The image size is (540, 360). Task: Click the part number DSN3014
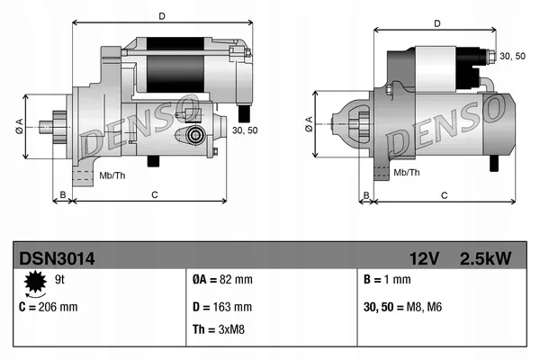point(57,258)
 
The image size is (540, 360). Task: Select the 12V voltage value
point(422,258)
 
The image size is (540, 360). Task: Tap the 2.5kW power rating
point(485,258)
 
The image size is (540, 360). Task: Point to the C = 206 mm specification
point(49,307)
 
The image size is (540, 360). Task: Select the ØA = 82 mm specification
point(223,280)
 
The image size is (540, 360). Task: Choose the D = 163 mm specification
point(223,307)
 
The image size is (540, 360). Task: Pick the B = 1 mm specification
point(384,280)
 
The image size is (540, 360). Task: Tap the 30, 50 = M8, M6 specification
point(404,307)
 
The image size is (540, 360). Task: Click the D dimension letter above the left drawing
point(160,16)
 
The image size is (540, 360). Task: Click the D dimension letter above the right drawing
point(436,24)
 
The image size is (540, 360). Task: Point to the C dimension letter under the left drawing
point(154,193)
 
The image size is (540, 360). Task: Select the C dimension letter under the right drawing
point(444,194)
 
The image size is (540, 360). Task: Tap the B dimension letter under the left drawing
point(62,193)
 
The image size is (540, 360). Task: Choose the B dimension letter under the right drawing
point(365,194)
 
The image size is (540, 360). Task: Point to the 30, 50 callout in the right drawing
point(513,57)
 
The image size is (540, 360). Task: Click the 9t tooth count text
point(60,280)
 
